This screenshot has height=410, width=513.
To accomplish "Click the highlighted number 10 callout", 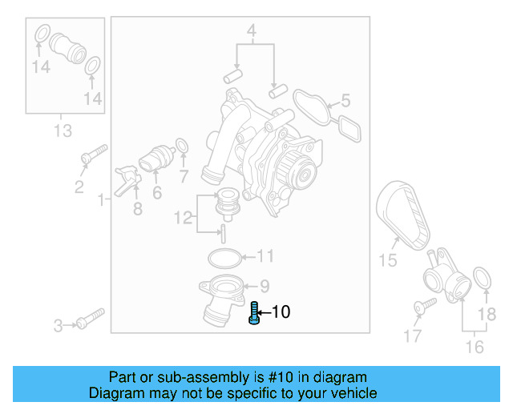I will point(281,312).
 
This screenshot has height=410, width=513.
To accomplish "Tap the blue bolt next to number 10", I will point(254,313).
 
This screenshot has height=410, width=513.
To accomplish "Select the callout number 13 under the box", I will point(63,131).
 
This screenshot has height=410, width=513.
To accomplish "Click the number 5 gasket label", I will point(345,101).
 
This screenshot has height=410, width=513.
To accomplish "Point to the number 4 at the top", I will point(251,33).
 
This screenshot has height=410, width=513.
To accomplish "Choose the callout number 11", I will point(265,257).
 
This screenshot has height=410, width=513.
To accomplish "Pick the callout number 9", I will point(264,285).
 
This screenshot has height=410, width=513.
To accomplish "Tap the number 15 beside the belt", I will point(388,259).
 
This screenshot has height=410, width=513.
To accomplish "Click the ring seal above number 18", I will point(483,279).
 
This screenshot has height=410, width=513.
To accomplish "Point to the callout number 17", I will point(412,337).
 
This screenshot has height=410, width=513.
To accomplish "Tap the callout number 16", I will point(475,347).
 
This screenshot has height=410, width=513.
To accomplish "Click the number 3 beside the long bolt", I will point(59,325).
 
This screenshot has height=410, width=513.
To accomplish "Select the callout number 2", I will point(79,187).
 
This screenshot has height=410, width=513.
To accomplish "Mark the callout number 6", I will point(157,192).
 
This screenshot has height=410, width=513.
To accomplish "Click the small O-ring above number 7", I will point(182,147).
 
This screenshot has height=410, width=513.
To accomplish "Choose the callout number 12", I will point(184,216).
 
